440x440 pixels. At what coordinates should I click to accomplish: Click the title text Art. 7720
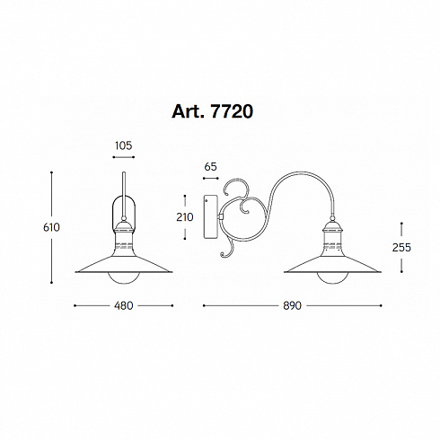pos(212,111)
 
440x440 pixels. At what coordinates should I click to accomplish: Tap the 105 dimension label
pos(123,145)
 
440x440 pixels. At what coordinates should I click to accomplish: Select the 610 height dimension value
pos(51,227)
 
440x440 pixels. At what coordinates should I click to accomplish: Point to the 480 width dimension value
pos(123,305)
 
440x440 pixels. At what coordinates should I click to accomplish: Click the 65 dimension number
pos(210,167)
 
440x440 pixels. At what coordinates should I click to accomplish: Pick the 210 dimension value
pos(185,217)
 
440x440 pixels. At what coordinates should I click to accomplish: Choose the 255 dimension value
pos(401,247)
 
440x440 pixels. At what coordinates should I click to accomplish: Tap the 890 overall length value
pos(292,305)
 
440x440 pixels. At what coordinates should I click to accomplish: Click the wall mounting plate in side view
pos(211,216)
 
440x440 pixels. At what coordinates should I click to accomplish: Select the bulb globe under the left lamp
pos(124,278)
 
